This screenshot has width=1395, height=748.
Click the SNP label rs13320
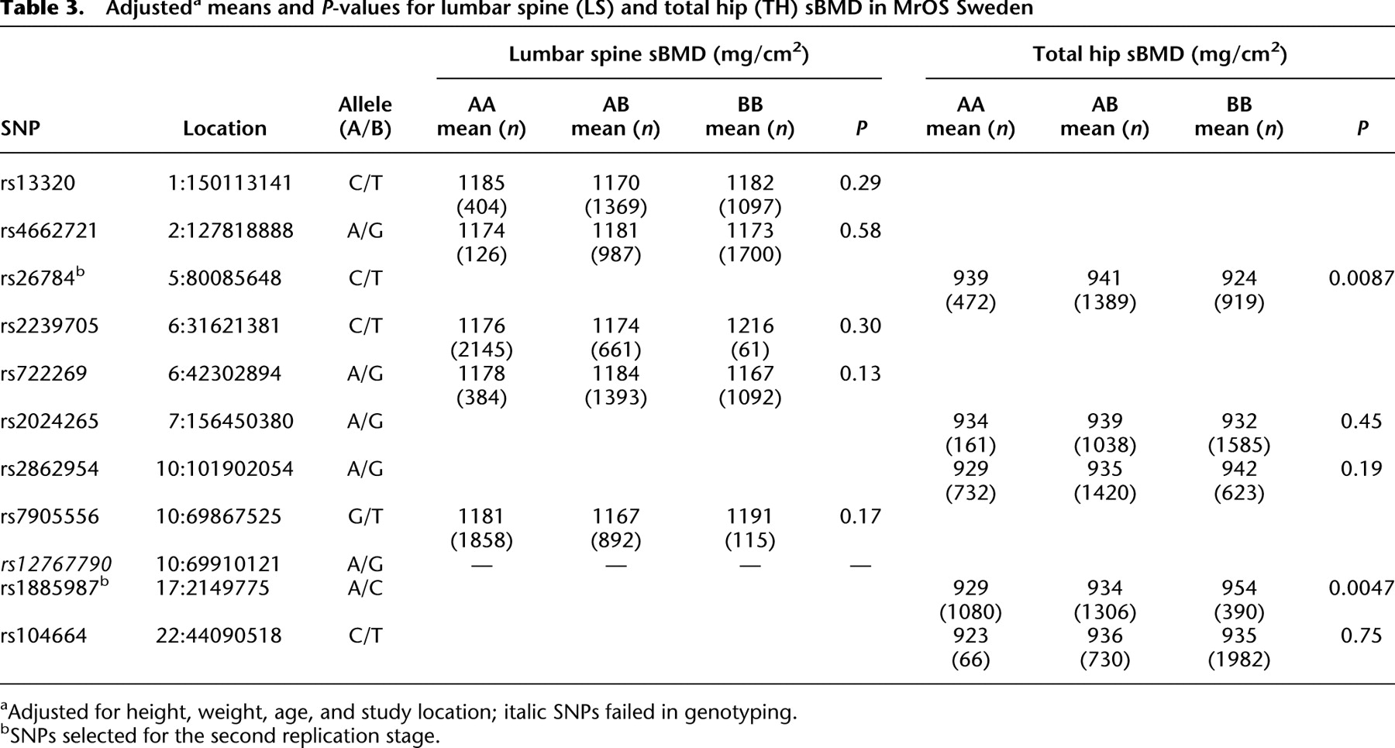[x=38, y=183]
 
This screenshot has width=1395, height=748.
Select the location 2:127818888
[x=231, y=231]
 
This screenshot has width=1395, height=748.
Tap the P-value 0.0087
[x=1361, y=278]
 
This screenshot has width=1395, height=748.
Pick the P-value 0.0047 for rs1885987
[x=1361, y=588]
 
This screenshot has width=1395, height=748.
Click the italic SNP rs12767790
[x=56, y=564]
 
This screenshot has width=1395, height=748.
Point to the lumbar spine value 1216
[x=750, y=326]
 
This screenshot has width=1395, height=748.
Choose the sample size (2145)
[x=481, y=350]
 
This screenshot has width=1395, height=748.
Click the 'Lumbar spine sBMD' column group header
[x=659, y=54]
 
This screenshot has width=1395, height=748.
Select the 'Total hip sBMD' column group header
[x=1159, y=54]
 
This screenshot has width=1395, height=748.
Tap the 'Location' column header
[x=225, y=129]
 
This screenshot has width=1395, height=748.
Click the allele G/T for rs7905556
[x=365, y=517]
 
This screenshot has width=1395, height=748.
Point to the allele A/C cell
[x=365, y=588]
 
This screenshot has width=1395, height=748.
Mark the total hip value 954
[x=1239, y=588]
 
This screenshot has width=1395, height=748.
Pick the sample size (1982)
[x=1239, y=660]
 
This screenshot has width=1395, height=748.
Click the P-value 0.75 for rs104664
[x=1362, y=636]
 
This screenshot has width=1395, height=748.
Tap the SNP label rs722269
[x=43, y=374]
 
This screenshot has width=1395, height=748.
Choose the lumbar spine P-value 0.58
[x=860, y=231]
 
